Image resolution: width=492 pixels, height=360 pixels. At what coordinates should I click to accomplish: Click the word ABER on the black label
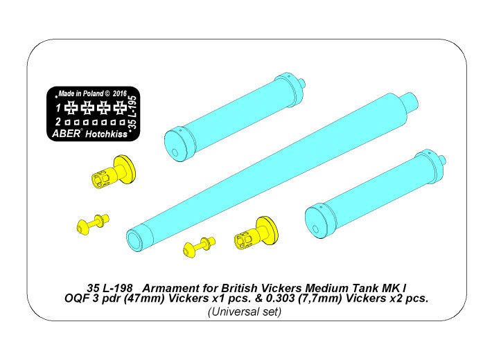point(67,134)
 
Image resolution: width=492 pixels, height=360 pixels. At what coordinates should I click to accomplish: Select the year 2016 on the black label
point(119,93)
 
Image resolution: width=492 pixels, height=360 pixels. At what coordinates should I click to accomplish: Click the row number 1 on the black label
point(59,108)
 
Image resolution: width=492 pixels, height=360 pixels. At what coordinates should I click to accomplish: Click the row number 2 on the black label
point(59,122)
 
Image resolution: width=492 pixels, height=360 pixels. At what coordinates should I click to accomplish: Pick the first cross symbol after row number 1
point(71,108)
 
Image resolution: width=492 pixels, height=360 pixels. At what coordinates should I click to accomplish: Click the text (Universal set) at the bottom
point(245,312)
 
